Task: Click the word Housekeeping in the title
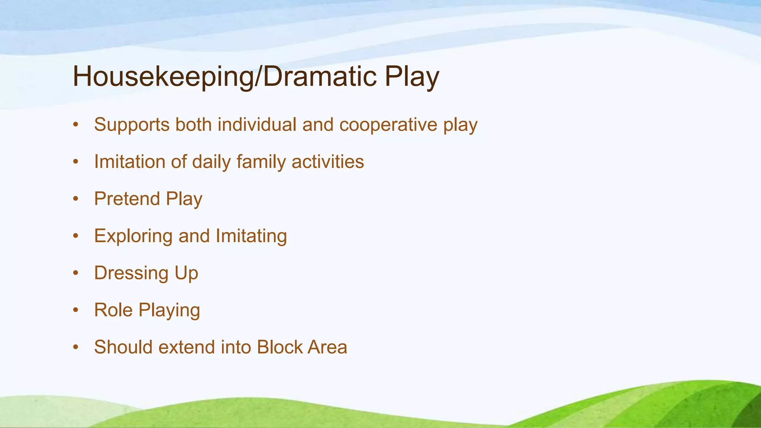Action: [x=162, y=77]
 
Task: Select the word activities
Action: [x=328, y=162]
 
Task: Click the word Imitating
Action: [x=251, y=236]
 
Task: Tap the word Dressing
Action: [x=131, y=273]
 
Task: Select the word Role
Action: [x=113, y=310]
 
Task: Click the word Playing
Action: [x=169, y=311]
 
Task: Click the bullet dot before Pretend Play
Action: [x=76, y=199]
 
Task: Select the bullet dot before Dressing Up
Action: [x=76, y=273]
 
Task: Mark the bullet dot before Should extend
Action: [x=76, y=347]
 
